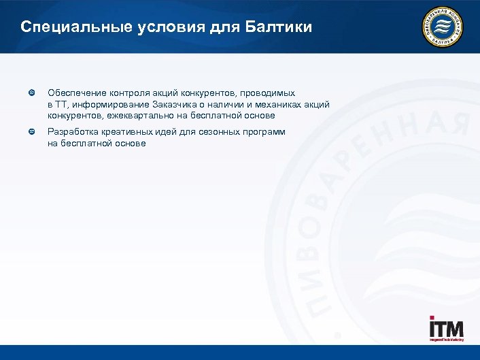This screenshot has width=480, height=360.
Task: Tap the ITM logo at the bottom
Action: (446, 329)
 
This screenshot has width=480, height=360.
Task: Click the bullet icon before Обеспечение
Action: (31, 92)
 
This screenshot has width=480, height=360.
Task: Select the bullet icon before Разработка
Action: (31, 131)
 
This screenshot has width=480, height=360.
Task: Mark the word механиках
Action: (273, 104)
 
